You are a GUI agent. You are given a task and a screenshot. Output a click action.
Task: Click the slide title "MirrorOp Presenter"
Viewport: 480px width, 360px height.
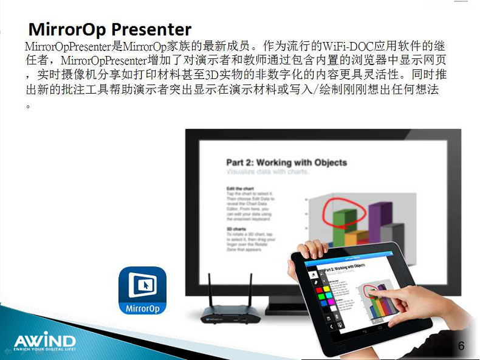point(110,29)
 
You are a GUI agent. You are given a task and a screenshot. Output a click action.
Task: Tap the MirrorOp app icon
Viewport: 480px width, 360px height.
point(142,291)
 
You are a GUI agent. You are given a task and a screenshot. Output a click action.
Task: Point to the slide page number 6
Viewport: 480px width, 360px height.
point(461,346)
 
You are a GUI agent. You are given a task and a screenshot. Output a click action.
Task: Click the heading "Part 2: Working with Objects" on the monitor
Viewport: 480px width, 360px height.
point(286,162)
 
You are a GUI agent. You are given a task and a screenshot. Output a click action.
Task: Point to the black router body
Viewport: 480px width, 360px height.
point(230,314)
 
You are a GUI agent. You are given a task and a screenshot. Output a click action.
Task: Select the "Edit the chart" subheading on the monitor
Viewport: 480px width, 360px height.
point(236,189)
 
